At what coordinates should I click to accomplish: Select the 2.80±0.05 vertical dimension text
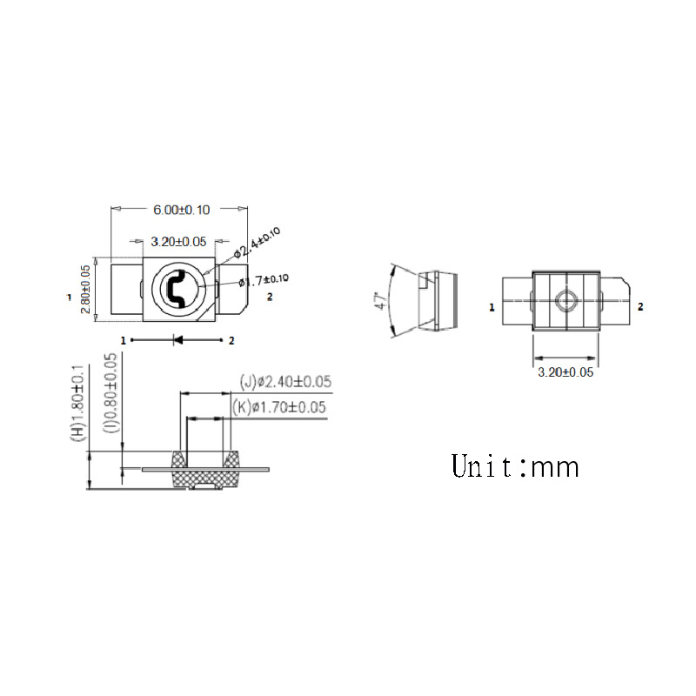click(x=86, y=290)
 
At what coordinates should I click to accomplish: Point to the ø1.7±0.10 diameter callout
click(x=264, y=280)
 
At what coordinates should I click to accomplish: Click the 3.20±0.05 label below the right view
click(x=565, y=371)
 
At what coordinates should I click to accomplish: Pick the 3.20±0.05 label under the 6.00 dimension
click(x=178, y=241)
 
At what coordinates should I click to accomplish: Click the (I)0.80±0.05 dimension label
click(x=110, y=393)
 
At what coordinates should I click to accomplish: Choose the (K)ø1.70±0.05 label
click(x=279, y=406)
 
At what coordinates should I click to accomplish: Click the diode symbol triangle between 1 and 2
click(x=177, y=341)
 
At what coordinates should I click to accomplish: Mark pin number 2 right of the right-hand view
click(x=641, y=307)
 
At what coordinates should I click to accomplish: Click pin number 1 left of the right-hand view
click(x=492, y=307)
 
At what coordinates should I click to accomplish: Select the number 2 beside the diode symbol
click(x=231, y=341)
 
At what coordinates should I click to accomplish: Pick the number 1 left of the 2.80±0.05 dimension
click(x=69, y=298)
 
